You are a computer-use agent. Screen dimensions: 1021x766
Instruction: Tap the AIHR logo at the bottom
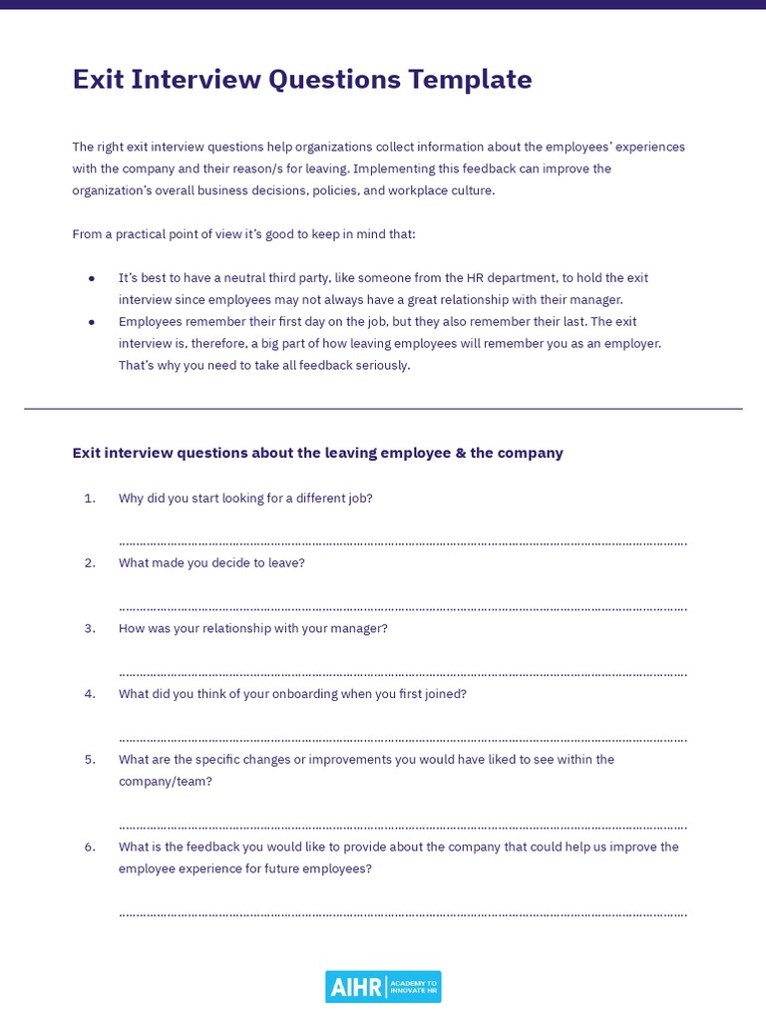pyautogui.click(x=383, y=986)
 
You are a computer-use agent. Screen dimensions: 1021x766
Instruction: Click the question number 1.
pyautogui.click(x=90, y=499)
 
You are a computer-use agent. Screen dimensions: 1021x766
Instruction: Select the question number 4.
pyautogui.click(x=90, y=694)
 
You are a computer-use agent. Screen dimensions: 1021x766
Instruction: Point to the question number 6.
pyautogui.click(x=90, y=847)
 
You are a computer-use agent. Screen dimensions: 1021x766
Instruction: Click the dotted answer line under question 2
pyautogui.click(x=402, y=607)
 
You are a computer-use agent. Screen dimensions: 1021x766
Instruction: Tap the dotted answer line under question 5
pyautogui.click(x=402, y=827)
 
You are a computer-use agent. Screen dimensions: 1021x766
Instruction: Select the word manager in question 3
pyautogui.click(x=360, y=628)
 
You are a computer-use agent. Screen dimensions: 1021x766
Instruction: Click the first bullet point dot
pyautogui.click(x=92, y=278)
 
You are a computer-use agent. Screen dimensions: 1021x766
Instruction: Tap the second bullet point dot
pyautogui.click(x=92, y=322)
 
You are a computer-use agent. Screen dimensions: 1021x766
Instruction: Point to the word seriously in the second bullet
pyautogui.click(x=378, y=365)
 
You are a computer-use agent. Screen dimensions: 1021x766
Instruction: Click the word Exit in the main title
pyautogui.click(x=97, y=79)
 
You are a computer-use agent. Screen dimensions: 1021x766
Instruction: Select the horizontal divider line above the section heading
pyautogui.click(x=383, y=409)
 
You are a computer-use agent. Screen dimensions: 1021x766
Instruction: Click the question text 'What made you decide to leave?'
pyautogui.click(x=211, y=562)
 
